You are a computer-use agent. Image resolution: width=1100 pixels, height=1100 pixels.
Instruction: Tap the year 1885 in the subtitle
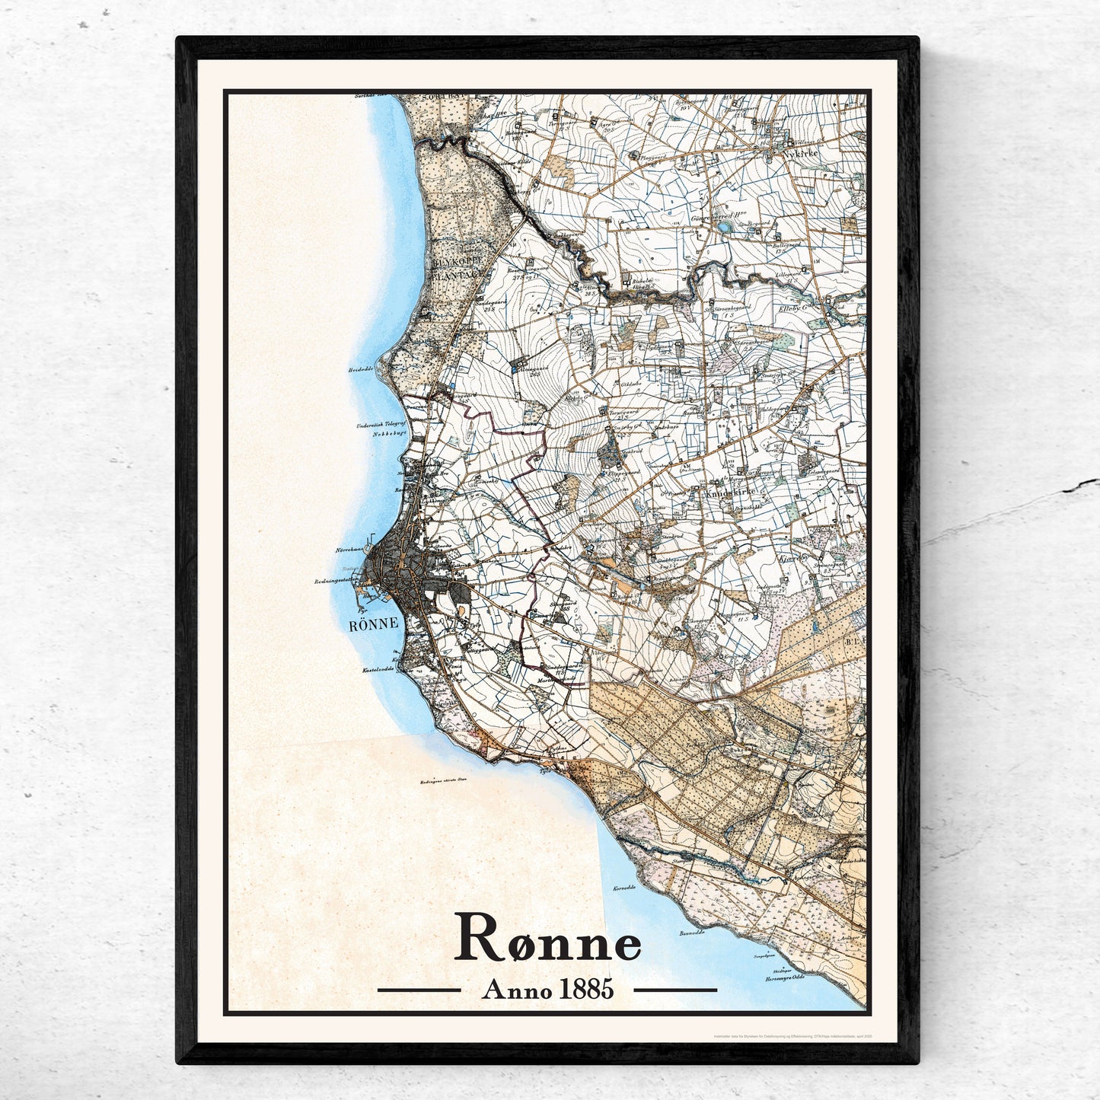(x=585, y=990)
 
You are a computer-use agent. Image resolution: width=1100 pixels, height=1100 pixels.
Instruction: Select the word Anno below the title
(x=512, y=990)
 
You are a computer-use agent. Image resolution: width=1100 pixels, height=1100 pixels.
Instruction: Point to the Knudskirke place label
(x=737, y=493)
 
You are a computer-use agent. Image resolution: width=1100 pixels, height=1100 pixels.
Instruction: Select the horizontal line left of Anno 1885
(x=419, y=990)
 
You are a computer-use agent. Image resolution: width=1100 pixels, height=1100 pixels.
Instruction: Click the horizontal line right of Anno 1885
(x=675, y=990)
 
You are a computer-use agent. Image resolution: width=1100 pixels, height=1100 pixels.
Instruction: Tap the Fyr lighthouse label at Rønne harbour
(x=361, y=610)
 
